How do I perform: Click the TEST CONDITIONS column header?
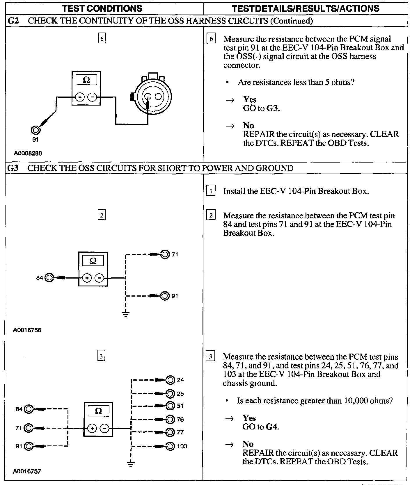click(102, 8)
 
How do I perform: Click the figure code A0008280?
click(28, 153)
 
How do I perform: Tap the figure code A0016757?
click(27, 471)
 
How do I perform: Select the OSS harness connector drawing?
click(150, 95)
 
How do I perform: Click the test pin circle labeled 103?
click(170, 446)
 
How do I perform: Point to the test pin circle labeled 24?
click(170, 380)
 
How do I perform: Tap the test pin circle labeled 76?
click(170, 419)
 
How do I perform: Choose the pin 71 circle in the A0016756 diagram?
click(165, 254)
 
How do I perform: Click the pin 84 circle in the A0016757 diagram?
click(29, 409)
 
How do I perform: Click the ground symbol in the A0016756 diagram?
click(125, 314)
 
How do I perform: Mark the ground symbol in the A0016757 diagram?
click(131, 463)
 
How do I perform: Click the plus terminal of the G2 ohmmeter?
click(79, 97)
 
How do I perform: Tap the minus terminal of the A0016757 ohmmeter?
click(105, 428)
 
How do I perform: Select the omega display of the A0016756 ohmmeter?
click(93, 261)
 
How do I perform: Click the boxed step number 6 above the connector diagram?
click(102, 38)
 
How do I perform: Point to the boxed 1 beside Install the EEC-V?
click(211, 191)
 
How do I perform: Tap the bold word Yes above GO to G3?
click(250, 100)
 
